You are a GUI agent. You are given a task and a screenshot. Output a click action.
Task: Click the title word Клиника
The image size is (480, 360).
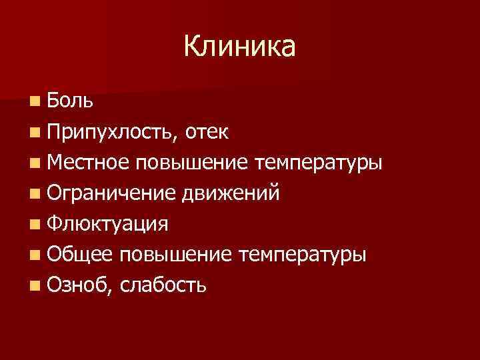click(x=239, y=47)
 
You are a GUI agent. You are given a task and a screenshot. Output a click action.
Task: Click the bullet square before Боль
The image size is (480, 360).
click(x=34, y=101)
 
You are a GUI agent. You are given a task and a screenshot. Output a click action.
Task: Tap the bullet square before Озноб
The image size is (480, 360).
click(x=34, y=286)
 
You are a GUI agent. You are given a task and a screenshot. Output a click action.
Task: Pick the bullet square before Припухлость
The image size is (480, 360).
click(x=34, y=132)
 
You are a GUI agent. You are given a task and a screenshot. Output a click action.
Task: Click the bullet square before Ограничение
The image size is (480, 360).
click(x=34, y=194)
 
